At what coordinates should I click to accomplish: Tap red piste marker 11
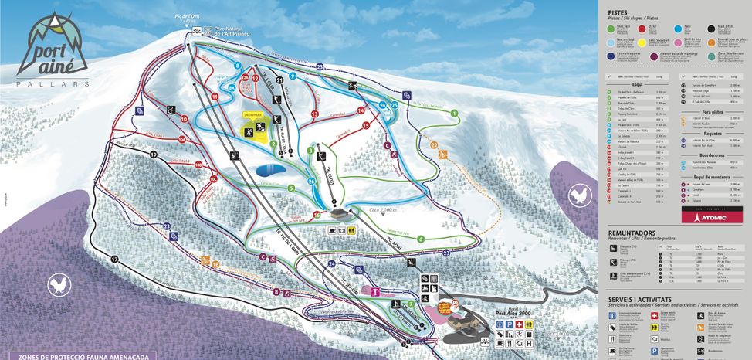213,97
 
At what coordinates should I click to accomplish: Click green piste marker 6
421,239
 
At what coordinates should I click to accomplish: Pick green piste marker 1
455,114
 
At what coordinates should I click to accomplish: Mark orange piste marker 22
434,145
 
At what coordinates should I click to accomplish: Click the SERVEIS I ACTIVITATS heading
645,297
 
